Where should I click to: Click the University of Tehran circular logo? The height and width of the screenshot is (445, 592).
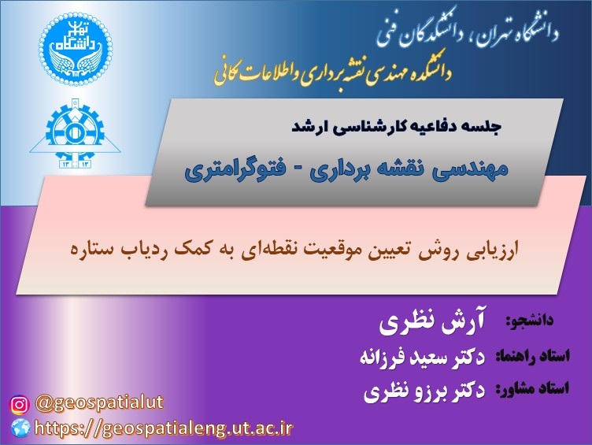[x=75, y=48]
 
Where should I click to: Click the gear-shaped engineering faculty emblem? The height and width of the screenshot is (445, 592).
[x=75, y=133]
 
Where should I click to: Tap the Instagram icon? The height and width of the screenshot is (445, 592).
[x=19, y=405]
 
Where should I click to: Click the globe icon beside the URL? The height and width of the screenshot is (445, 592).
[x=20, y=428]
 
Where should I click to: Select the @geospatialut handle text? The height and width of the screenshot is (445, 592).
[x=99, y=403]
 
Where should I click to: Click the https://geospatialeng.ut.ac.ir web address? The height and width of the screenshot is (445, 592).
[x=164, y=428]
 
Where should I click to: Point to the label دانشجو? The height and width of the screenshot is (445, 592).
[x=529, y=321]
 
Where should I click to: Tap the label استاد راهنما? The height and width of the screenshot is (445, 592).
[x=532, y=356]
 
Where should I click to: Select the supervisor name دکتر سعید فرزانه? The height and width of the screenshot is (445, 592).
[x=422, y=357]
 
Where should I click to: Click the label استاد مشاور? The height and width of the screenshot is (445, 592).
[x=532, y=389]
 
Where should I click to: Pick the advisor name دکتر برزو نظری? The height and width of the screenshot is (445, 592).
[x=424, y=391]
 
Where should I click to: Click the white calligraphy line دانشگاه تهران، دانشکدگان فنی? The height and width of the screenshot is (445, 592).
[x=468, y=31]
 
